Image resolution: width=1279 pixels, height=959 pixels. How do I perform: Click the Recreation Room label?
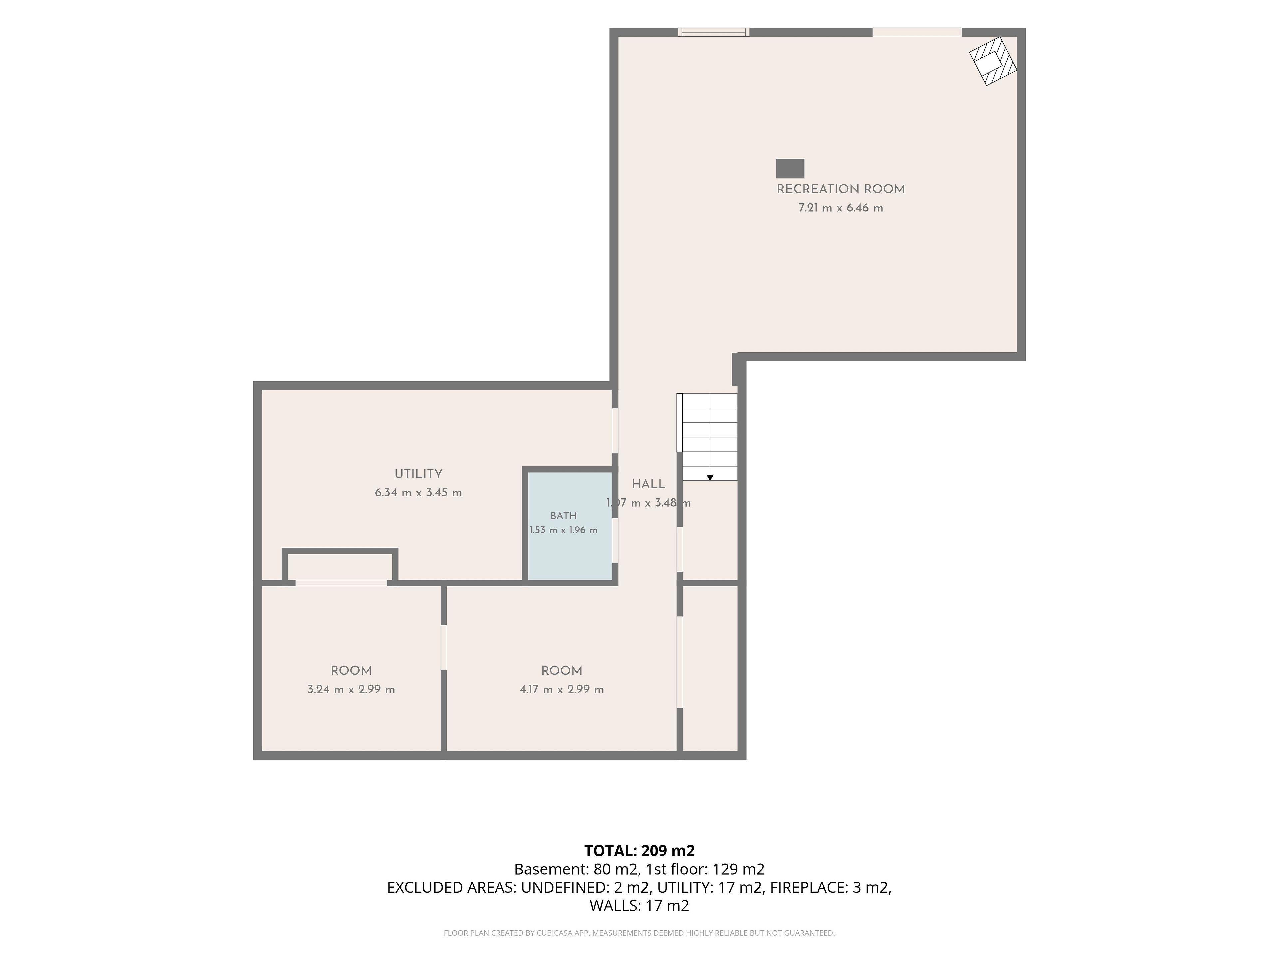point(841,189)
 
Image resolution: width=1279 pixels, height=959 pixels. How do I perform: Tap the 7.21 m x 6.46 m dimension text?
point(841,208)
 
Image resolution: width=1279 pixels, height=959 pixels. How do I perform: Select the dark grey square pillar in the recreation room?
point(790,168)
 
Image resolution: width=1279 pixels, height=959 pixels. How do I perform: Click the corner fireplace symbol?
point(993,61)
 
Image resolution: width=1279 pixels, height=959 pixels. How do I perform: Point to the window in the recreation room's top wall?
point(714,32)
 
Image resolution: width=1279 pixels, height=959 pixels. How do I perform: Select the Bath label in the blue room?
point(563,516)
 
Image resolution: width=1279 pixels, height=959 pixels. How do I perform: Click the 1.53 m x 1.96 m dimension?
point(563,530)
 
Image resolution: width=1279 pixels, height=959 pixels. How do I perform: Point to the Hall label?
point(648,484)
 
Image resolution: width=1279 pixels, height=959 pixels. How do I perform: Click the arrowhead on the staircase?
point(710,478)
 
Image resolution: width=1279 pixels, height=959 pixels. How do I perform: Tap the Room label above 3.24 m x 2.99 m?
point(351,671)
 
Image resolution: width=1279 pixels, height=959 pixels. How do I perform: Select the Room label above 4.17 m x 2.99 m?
point(562,671)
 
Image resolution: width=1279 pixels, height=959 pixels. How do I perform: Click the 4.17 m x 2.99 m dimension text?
point(562,690)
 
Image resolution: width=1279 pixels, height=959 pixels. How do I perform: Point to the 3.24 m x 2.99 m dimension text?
point(351,690)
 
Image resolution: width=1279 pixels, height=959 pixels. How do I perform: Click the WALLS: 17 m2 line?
point(639,906)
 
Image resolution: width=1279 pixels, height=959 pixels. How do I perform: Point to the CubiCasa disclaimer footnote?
point(639,933)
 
